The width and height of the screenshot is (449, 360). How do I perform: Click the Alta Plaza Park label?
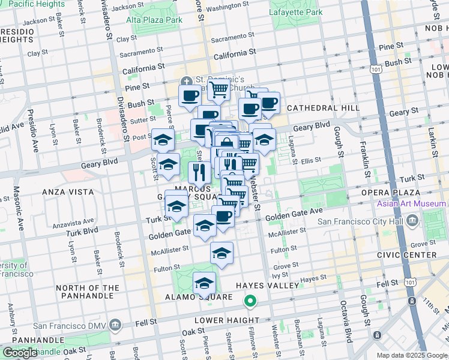(154, 20)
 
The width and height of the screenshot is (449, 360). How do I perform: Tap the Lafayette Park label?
(296, 12)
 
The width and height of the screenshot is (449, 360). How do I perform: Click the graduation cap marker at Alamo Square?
(204, 283)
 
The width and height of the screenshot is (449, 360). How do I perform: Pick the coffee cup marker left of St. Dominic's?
(190, 95)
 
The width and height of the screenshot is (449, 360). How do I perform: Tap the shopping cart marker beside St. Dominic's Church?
(220, 90)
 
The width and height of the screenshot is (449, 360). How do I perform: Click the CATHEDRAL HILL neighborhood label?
(322, 108)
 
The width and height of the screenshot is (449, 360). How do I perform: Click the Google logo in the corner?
(20, 353)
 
